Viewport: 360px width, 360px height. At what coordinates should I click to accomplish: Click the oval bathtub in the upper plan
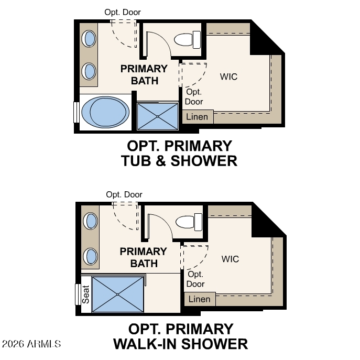105,112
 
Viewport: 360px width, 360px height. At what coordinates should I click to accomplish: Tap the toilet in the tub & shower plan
187,40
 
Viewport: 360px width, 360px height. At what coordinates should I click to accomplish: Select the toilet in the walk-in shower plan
189,222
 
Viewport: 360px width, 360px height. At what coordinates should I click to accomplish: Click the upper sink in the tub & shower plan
89,39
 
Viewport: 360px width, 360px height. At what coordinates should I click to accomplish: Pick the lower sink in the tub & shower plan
89,71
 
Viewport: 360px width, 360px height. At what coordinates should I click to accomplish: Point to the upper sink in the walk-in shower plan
91,221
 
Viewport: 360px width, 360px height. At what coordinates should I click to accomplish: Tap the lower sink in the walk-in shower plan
91,256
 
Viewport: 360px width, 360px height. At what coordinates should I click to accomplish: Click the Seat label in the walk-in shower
85,294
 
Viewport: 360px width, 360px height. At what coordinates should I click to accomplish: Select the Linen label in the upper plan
197,117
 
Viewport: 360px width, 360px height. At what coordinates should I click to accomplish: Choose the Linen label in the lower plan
199,299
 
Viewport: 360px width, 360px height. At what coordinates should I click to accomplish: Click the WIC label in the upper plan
228,77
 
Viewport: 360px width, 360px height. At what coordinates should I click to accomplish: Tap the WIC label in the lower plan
230,259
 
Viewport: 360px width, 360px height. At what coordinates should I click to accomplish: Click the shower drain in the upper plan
158,117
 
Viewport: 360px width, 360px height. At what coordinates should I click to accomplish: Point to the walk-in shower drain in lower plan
117,294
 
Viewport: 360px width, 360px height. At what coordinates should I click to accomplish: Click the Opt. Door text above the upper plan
123,12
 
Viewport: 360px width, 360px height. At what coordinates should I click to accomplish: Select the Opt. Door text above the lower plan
124,195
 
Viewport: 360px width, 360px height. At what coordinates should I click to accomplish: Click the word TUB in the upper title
136,161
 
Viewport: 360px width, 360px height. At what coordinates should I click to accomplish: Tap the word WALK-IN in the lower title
145,344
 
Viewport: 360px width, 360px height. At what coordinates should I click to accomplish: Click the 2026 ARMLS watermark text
31,344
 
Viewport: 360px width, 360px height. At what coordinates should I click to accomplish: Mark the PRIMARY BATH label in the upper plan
144,75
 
